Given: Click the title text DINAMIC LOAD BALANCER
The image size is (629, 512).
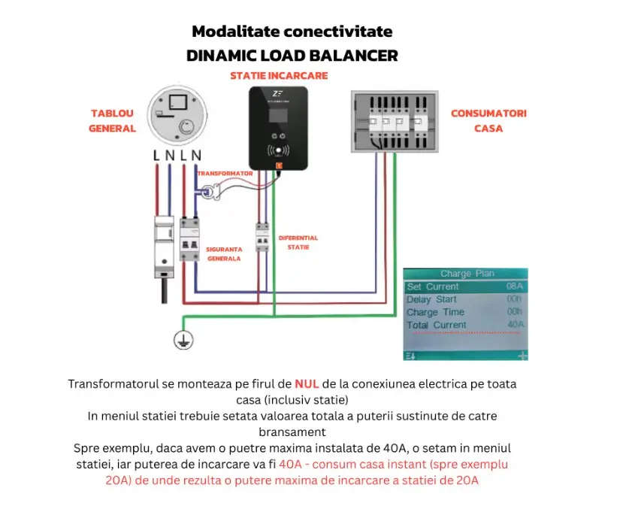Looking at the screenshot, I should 292,56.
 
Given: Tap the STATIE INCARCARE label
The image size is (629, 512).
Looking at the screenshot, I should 278,76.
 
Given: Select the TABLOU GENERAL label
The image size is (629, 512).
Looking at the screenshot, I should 112,120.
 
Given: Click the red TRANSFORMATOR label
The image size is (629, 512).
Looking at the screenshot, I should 225,173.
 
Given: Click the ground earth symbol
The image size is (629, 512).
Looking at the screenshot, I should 180,341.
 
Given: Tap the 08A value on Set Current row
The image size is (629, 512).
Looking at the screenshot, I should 514,287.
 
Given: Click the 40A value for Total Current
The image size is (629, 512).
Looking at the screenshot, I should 515,325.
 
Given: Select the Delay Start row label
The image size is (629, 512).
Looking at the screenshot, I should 431,299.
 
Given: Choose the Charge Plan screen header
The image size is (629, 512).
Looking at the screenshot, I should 467,274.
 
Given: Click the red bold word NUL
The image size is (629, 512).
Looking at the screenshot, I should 307,383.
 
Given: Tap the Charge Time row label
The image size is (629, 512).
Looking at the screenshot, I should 435,312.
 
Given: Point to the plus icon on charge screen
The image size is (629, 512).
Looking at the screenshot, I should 522,355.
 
